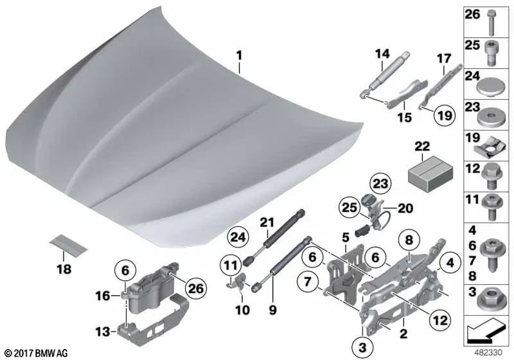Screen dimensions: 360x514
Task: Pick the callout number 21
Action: pyautogui.click(x=267, y=222)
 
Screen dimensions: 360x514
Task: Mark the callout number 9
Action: pyautogui.click(x=272, y=309)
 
